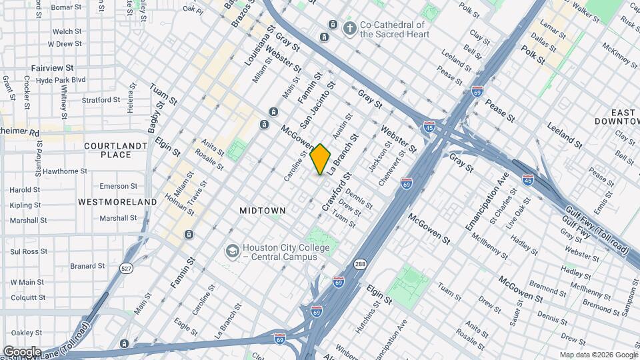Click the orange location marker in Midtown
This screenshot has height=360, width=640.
tap(321, 158)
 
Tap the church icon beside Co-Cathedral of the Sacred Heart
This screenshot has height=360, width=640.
tap(349, 29)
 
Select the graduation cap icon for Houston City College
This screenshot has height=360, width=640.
tap(232, 251)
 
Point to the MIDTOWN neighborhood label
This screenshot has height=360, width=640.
tap(263, 211)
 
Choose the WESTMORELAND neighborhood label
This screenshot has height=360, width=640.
tap(117, 201)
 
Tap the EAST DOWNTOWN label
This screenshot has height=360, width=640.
tap(614, 117)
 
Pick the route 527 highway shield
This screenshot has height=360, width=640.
tap(125, 267)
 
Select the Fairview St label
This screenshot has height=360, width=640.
tap(52, 68)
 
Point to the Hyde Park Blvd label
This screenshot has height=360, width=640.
tap(61, 80)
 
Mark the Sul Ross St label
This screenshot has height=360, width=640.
tap(28, 251)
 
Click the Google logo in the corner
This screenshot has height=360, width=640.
tap(22, 351)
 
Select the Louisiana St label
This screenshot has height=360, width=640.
tap(259, 46)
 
